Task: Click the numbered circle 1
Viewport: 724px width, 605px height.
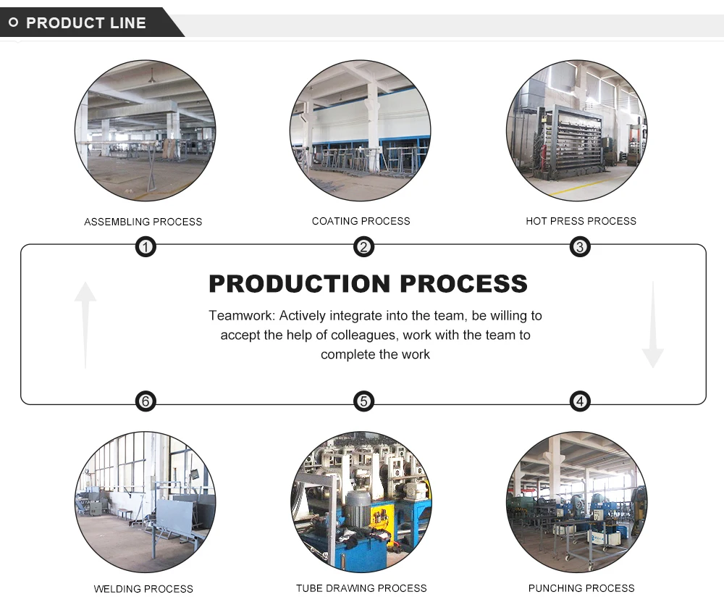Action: pos(146,248)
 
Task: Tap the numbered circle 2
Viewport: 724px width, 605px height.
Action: pos(363,248)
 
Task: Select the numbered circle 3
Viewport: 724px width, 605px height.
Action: pos(579,248)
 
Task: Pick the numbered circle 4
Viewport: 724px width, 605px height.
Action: pos(579,401)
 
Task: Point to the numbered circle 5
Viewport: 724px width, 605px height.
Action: pos(363,401)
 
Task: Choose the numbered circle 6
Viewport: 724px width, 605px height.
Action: pos(146,401)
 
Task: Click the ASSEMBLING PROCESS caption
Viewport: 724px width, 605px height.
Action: pos(143,222)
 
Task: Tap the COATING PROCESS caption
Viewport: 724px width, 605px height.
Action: pos(361,221)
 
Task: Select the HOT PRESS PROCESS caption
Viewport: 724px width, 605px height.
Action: pos(581,221)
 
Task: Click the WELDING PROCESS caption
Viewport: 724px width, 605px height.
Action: pos(143,589)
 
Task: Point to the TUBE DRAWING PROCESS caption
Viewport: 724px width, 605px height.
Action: pos(361,588)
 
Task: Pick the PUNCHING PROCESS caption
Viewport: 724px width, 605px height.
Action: pos(581,588)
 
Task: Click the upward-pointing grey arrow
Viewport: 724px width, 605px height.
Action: pos(85,322)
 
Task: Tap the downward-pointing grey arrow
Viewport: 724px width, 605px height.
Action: pos(652,325)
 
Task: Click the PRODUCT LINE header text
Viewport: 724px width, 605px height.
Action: pos(86,23)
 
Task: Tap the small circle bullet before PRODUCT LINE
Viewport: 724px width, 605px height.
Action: pos(13,23)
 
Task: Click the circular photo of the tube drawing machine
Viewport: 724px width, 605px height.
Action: pos(361,502)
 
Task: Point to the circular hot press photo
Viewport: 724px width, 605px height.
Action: pos(576,131)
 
